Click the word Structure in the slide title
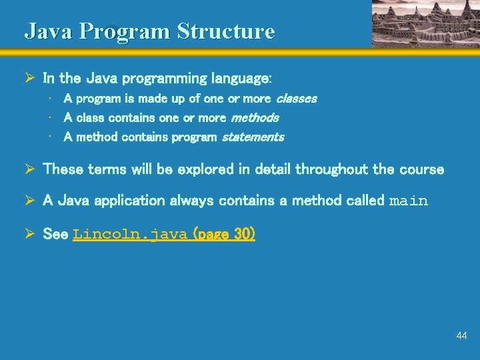(x=226, y=31)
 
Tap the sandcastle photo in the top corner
(x=425, y=23)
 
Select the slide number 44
(x=461, y=336)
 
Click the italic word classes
(x=296, y=99)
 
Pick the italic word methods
(x=255, y=118)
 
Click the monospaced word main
(x=408, y=201)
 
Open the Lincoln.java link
(x=130, y=235)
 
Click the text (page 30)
(x=223, y=234)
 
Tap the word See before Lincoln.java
(x=56, y=234)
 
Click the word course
(x=421, y=169)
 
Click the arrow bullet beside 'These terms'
(x=30, y=169)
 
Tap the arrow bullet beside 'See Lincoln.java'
(x=30, y=234)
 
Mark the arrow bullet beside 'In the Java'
(x=30, y=78)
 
